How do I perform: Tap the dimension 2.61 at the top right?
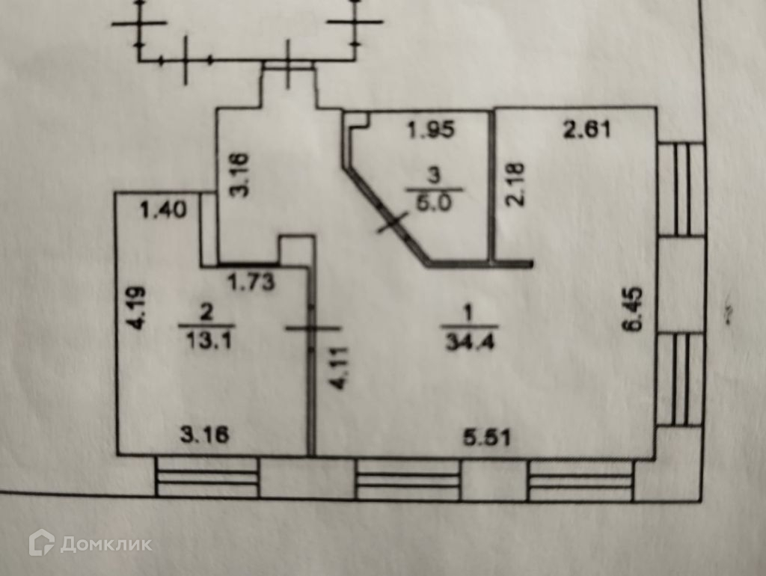[586, 130]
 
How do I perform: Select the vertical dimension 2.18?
[516, 184]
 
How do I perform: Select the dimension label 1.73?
[251, 282]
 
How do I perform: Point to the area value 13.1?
[207, 340]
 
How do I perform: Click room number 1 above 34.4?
[464, 310]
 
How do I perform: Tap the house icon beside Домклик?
[41, 542]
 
